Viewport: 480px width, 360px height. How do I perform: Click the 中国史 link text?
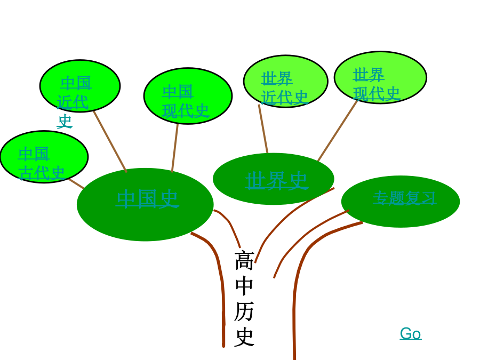[x=147, y=199]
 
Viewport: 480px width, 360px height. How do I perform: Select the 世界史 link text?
[x=276, y=180]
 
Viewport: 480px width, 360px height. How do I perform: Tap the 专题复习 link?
[x=404, y=198]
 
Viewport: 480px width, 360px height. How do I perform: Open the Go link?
[x=411, y=333]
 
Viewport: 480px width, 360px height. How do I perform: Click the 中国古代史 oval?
[x=44, y=157]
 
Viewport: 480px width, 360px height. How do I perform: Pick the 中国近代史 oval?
[x=80, y=86]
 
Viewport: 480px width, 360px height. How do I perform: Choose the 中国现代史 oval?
[x=188, y=96]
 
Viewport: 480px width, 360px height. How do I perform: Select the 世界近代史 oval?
[x=286, y=81]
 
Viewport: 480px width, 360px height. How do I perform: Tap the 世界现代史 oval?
[x=380, y=77]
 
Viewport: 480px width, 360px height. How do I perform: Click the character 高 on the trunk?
[x=244, y=260]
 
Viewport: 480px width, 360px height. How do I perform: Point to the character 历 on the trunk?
[x=244, y=311]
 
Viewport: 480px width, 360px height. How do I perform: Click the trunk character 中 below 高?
[x=244, y=286]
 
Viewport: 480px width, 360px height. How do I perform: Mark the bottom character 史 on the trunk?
[x=244, y=337]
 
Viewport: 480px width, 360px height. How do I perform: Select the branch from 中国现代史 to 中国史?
[x=175, y=148]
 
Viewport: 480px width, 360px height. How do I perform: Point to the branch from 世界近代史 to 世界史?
[x=263, y=129]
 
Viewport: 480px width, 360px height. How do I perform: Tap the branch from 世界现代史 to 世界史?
[x=338, y=131]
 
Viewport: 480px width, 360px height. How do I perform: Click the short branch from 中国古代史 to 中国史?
[x=76, y=183]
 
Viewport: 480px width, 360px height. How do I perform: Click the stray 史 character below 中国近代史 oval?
[x=65, y=121]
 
